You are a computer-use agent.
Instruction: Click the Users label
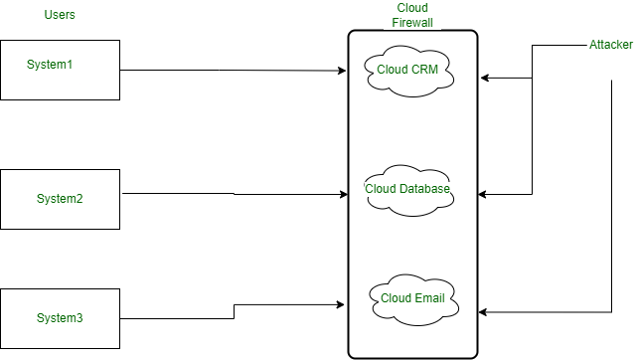60,15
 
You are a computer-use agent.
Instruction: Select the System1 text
51,65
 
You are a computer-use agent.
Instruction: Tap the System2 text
60,199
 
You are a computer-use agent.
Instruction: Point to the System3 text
60,318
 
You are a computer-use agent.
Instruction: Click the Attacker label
611,46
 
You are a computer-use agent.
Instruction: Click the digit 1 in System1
72,65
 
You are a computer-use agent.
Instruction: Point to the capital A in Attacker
593,46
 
